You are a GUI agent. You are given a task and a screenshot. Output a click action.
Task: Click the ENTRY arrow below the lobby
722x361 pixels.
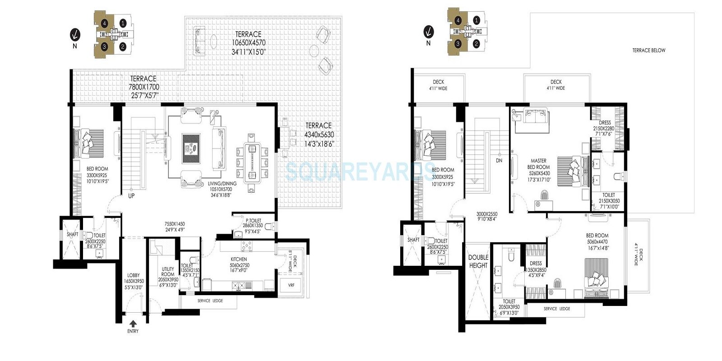(133, 323)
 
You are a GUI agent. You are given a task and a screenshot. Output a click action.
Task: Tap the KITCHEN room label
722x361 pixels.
(239, 259)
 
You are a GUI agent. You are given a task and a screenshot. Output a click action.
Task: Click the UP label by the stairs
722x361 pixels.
(131, 196)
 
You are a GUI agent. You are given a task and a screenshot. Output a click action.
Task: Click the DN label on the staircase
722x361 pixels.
(499, 160)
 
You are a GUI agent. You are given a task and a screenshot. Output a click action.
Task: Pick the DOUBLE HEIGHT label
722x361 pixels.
(478, 261)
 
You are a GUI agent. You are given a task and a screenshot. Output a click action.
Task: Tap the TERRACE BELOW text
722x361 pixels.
(648, 51)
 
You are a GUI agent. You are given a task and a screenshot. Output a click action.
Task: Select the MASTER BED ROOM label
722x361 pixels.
(538, 164)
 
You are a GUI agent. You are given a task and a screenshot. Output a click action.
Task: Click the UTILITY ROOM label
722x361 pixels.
(168, 272)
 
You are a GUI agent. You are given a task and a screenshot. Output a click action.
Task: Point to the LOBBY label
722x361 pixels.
(133, 275)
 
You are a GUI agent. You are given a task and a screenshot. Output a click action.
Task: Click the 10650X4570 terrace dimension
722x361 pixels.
(249, 42)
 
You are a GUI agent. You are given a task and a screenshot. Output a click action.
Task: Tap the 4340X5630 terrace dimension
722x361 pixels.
(318, 134)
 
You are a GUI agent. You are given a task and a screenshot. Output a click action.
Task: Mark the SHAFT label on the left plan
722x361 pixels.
(73, 234)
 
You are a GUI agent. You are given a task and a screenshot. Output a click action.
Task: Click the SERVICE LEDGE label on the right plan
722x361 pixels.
(556, 309)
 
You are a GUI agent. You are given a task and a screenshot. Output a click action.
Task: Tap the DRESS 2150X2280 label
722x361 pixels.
(604, 125)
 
